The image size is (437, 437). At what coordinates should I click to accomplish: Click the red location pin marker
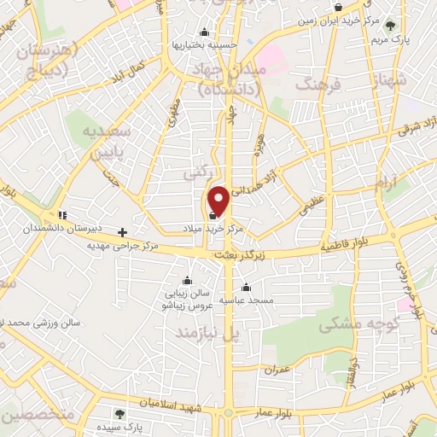(218, 200)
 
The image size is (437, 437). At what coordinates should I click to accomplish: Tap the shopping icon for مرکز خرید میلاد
(212, 216)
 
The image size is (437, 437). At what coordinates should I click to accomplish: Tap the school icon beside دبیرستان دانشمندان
(62, 215)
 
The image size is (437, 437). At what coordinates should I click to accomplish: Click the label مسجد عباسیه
(247, 300)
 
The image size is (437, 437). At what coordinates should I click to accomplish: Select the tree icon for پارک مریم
(391, 25)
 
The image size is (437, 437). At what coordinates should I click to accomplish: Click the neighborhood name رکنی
(193, 172)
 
